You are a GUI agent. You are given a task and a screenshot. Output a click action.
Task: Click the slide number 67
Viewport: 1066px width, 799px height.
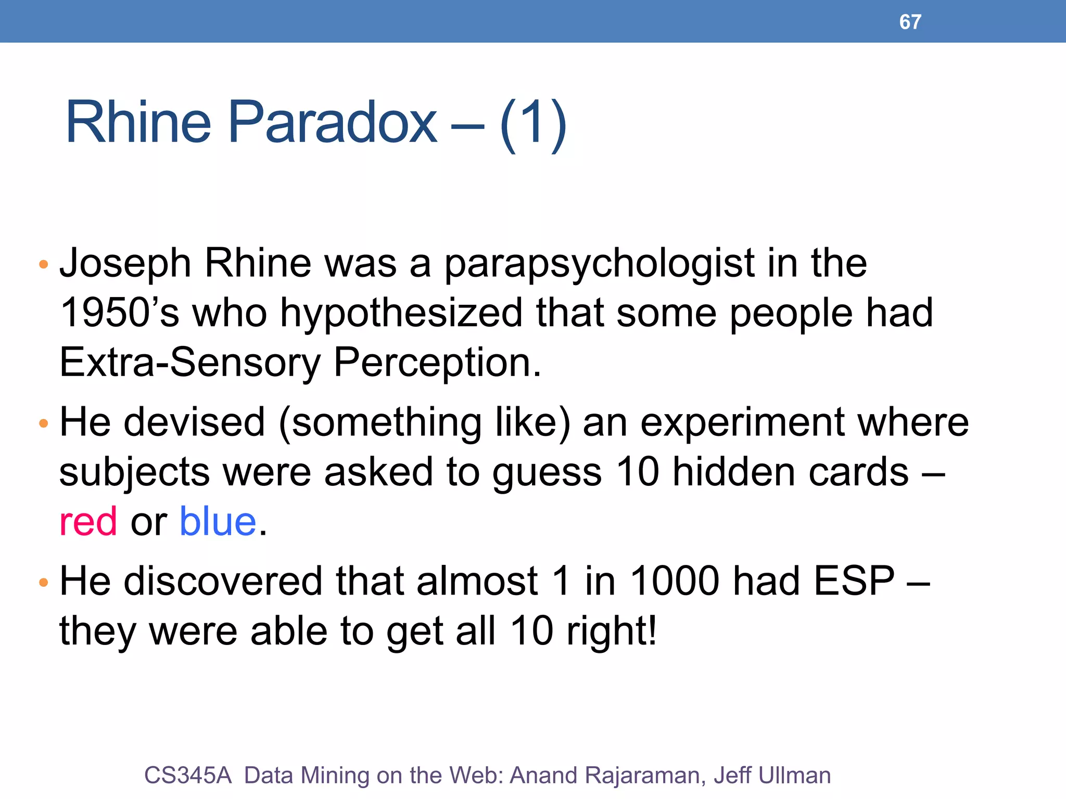point(910,22)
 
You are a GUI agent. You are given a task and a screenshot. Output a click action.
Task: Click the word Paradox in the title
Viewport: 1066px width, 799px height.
point(333,123)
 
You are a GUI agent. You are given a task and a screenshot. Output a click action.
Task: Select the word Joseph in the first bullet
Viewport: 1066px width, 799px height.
point(125,264)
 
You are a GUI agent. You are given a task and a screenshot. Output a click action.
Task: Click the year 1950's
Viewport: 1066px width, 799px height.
point(119,313)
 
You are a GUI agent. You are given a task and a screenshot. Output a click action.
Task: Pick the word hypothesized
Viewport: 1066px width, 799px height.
point(401,313)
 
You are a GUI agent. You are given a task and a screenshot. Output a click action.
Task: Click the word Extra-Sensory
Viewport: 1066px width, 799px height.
point(190,363)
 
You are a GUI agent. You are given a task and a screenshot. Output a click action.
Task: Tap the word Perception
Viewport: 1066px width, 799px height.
point(437,363)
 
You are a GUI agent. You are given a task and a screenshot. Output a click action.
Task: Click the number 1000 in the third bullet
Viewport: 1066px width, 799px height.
point(675,581)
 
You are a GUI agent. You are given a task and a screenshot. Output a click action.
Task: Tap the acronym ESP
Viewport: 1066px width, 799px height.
point(854,581)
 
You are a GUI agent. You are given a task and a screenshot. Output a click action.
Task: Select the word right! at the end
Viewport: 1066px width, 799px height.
point(612,631)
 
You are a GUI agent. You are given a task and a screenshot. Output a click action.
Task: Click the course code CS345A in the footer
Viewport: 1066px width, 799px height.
point(188,775)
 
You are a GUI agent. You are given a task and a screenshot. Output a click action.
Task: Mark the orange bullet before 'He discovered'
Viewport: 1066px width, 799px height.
point(44,582)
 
